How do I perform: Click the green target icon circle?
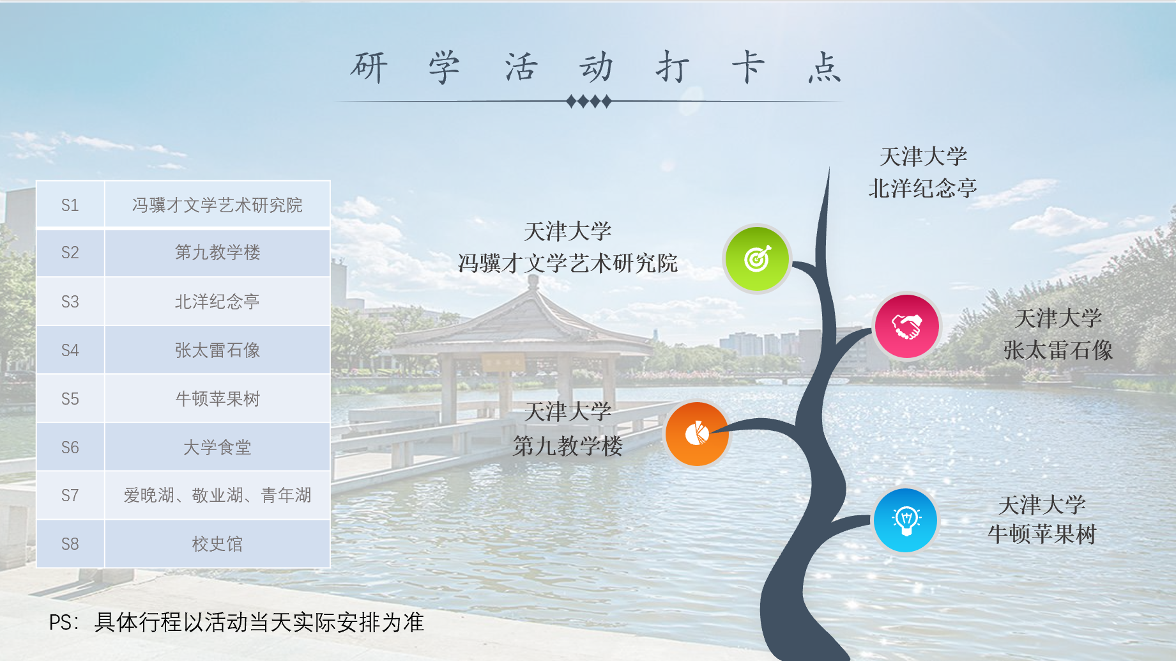pos(757,259)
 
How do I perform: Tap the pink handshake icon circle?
pos(906,327)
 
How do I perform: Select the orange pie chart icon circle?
pos(697,434)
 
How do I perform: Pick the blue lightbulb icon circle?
pos(906,520)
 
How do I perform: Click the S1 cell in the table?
pos(70,205)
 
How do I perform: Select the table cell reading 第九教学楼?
pos(217,253)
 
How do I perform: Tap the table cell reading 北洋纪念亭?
pos(217,301)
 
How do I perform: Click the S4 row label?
pos(70,350)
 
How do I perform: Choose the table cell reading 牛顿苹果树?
pos(217,398)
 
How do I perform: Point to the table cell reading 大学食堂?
pos(217,447)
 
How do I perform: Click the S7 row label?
pos(70,495)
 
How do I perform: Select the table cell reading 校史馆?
pos(217,543)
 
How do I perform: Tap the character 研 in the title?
pos(369,67)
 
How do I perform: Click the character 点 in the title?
pos(824,67)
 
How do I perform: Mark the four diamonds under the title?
pos(588,101)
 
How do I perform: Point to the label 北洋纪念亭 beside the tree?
pos(922,188)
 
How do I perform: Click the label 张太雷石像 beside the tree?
pos(1058,350)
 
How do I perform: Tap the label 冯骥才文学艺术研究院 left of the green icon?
pos(567,263)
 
